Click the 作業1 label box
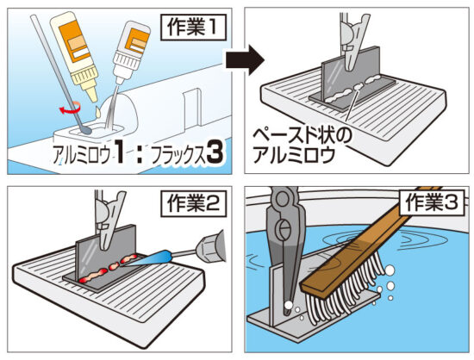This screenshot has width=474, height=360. pos(193,28)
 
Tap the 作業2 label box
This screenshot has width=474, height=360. pos(194,203)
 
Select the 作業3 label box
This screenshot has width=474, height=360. pos(432,202)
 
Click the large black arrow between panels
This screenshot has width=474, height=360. pos(245,60)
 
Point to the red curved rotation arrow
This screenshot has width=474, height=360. pos(70,108)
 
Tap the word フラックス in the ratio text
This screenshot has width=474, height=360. pos(178,155)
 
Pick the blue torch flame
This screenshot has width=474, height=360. pos(149,259)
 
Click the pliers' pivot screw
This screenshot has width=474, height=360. pos(284,228)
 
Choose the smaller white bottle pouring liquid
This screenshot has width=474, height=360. pos(131,52)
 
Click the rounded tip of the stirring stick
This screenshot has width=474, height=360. pos(86,130)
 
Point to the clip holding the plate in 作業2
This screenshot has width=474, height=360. pos(109,220)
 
